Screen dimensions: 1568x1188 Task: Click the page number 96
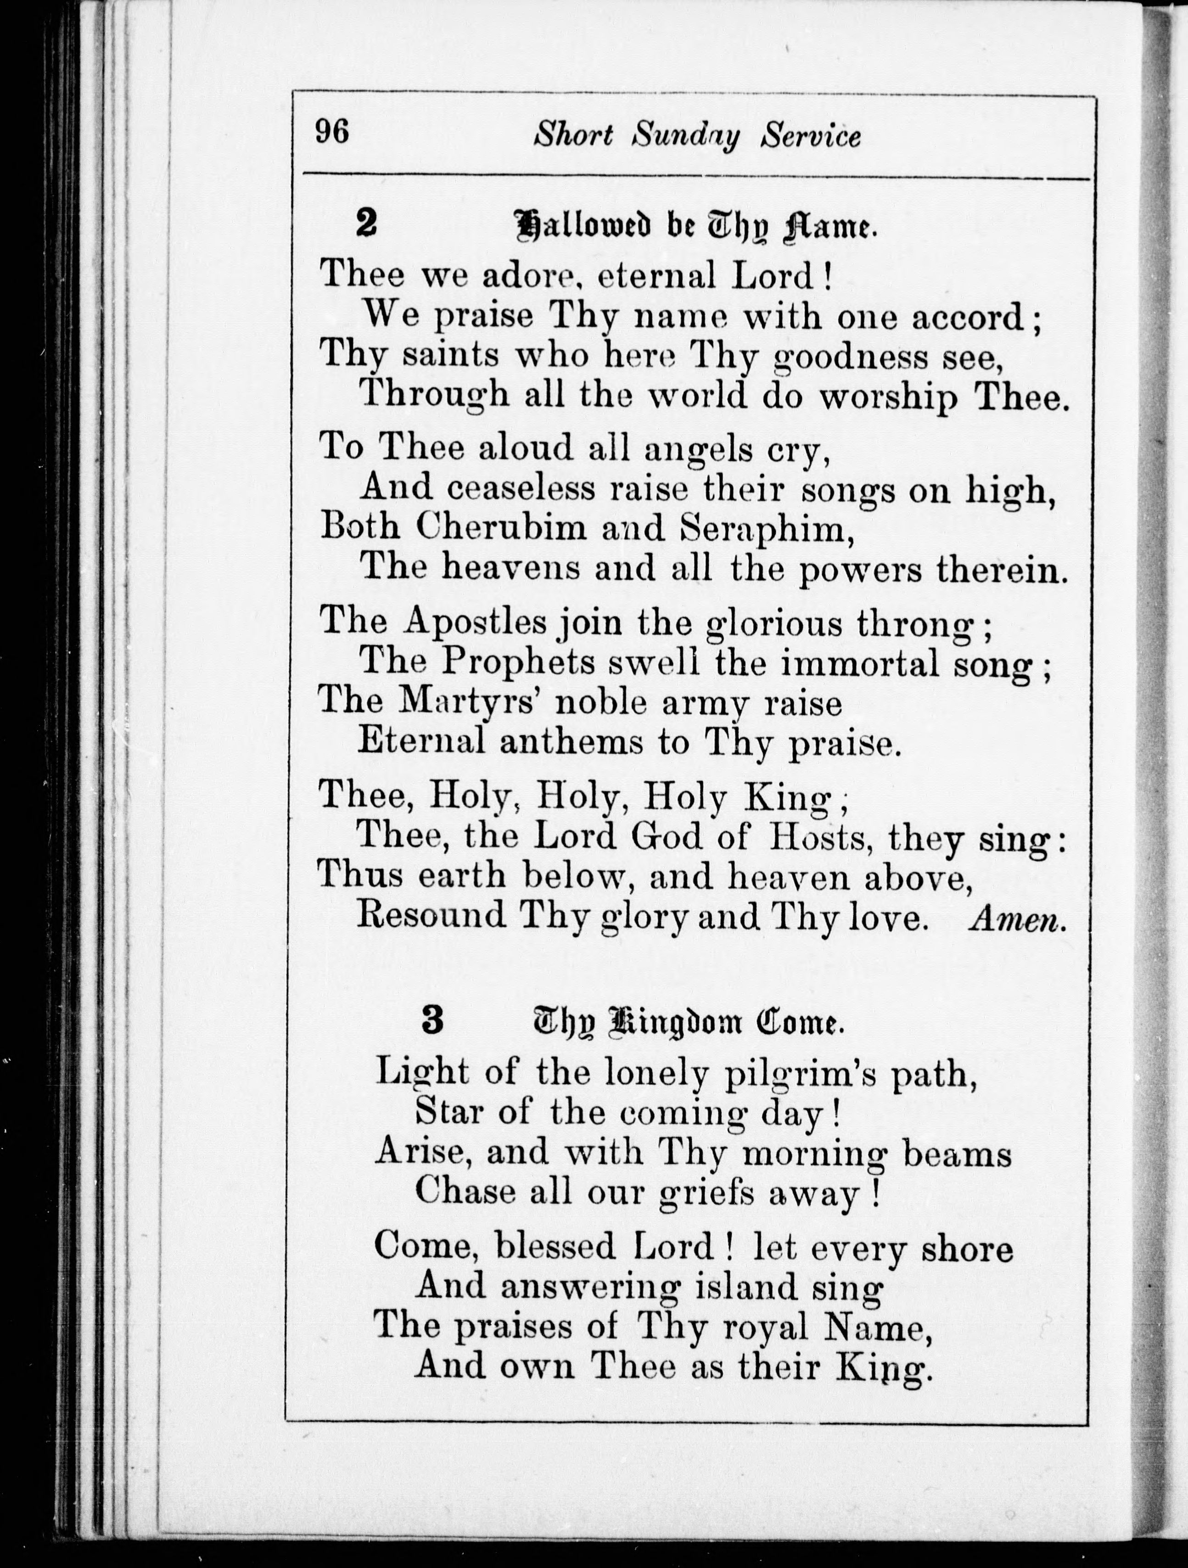(332, 131)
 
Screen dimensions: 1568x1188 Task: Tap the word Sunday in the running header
(686, 135)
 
